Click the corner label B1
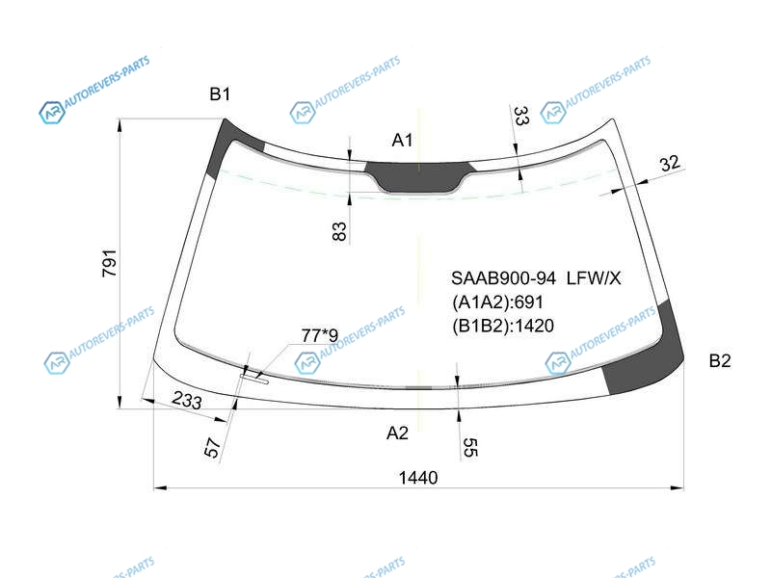(x=220, y=93)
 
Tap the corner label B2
(x=719, y=361)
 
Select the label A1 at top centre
(x=402, y=141)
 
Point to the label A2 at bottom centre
(x=397, y=433)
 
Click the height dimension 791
(x=109, y=263)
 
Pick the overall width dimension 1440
(x=418, y=477)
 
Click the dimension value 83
(x=339, y=231)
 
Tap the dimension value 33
(x=521, y=116)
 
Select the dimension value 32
(x=670, y=163)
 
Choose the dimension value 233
(x=187, y=400)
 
